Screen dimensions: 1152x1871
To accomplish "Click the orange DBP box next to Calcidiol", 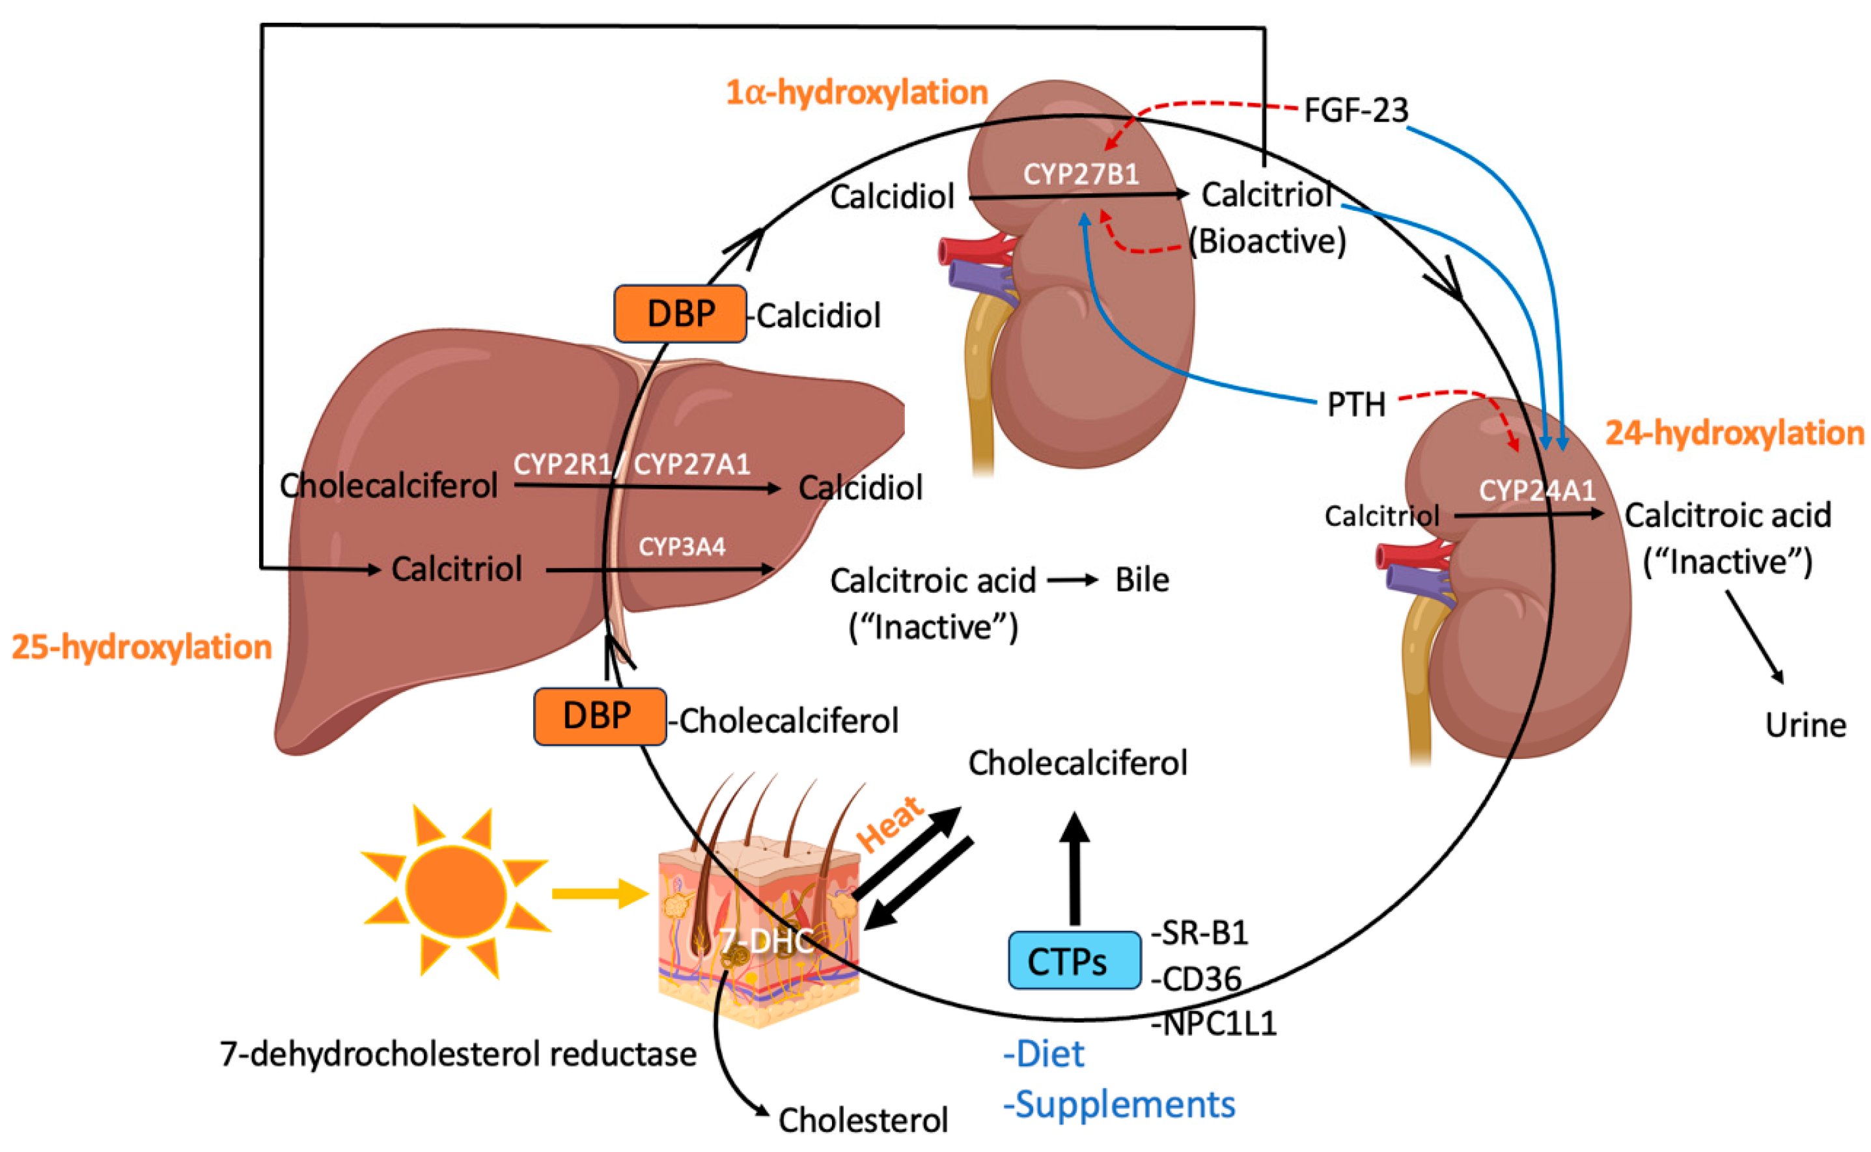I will pos(680,314).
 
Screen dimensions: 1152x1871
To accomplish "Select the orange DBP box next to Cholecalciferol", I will pos(600,716).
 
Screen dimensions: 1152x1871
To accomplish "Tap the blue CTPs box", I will pos(1074,961).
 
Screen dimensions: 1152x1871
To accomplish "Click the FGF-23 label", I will pos(1355,111).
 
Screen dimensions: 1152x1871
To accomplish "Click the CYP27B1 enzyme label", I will pos(1080,174).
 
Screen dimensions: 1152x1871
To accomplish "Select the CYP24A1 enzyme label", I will pos(1536,491).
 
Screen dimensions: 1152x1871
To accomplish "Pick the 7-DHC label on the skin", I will pos(767,942).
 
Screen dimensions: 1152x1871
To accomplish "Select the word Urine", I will pos(1805,725).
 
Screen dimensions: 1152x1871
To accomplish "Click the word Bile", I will pos(1141,581).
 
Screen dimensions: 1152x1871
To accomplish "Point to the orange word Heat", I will pos(889,825).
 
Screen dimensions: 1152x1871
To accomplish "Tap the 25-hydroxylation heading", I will pos(142,648).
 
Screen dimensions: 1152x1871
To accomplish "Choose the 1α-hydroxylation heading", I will pos(856,93).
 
